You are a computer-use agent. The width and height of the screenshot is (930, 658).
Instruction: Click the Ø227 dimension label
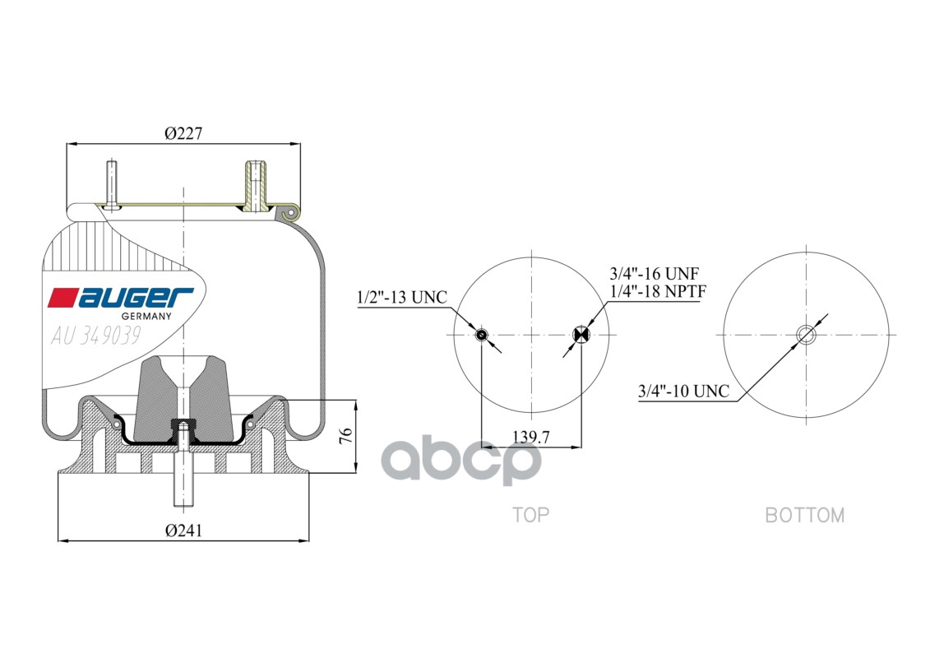point(183,133)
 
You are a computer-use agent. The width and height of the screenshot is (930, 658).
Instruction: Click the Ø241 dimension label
point(183,531)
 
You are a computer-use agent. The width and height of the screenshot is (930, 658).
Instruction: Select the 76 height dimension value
point(346,436)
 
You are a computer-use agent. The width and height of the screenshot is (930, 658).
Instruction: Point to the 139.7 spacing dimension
point(531,437)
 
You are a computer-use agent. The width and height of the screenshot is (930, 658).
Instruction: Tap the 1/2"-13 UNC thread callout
point(402,297)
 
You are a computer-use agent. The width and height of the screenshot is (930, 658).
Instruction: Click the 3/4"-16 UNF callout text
point(654,274)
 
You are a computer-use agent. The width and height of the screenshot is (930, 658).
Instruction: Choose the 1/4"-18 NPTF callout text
point(658,291)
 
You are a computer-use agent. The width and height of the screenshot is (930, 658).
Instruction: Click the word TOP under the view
point(530,515)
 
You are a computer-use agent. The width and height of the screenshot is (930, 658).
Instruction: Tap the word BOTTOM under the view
point(804,515)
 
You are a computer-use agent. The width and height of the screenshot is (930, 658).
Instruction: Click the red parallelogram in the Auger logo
point(62,297)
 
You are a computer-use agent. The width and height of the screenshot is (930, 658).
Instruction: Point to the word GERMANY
point(146,317)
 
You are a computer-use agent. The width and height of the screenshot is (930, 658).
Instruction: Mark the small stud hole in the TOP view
point(482,334)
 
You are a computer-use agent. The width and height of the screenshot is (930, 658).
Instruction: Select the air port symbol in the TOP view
point(581,334)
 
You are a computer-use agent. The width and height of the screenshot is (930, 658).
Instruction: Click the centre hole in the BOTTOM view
point(806,334)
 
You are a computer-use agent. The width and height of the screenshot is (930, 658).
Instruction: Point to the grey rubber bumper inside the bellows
point(156,395)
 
